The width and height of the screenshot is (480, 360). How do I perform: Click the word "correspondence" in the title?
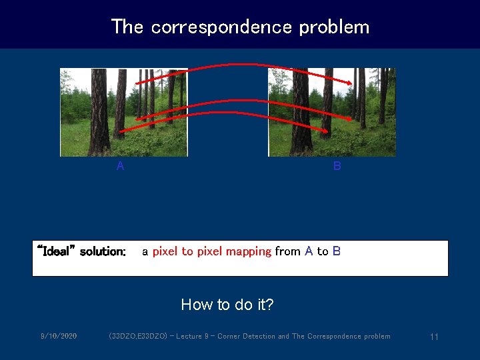[x=221, y=27]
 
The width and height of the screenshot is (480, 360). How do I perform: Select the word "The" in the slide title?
[x=127, y=27]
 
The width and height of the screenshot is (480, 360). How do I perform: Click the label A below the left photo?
[x=120, y=167]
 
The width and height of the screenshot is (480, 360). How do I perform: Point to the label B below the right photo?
[x=337, y=167]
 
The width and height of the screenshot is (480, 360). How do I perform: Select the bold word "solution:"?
[x=103, y=251]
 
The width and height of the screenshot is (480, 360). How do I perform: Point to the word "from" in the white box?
[x=287, y=251]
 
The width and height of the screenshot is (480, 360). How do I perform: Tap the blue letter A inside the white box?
[x=309, y=251]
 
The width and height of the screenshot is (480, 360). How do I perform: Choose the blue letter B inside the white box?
[x=337, y=251]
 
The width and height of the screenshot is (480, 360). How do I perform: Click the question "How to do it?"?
[x=227, y=305]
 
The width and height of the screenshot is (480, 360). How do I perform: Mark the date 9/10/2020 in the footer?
[x=58, y=336]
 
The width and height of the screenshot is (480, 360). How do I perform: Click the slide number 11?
[x=434, y=337]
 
